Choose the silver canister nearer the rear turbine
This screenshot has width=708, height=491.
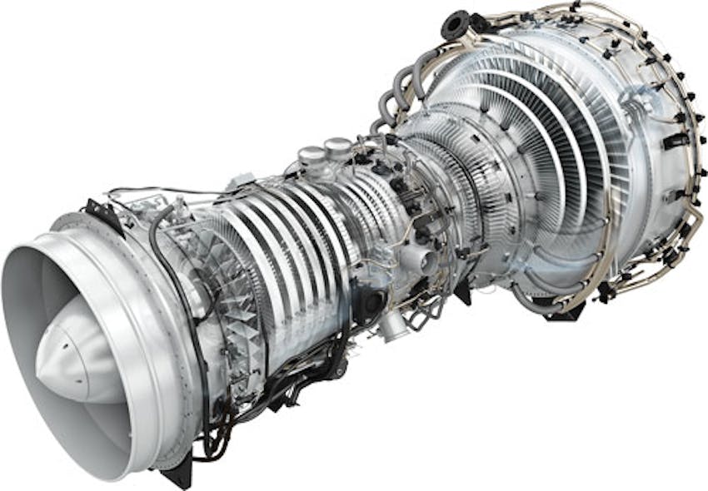click(337, 148)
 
